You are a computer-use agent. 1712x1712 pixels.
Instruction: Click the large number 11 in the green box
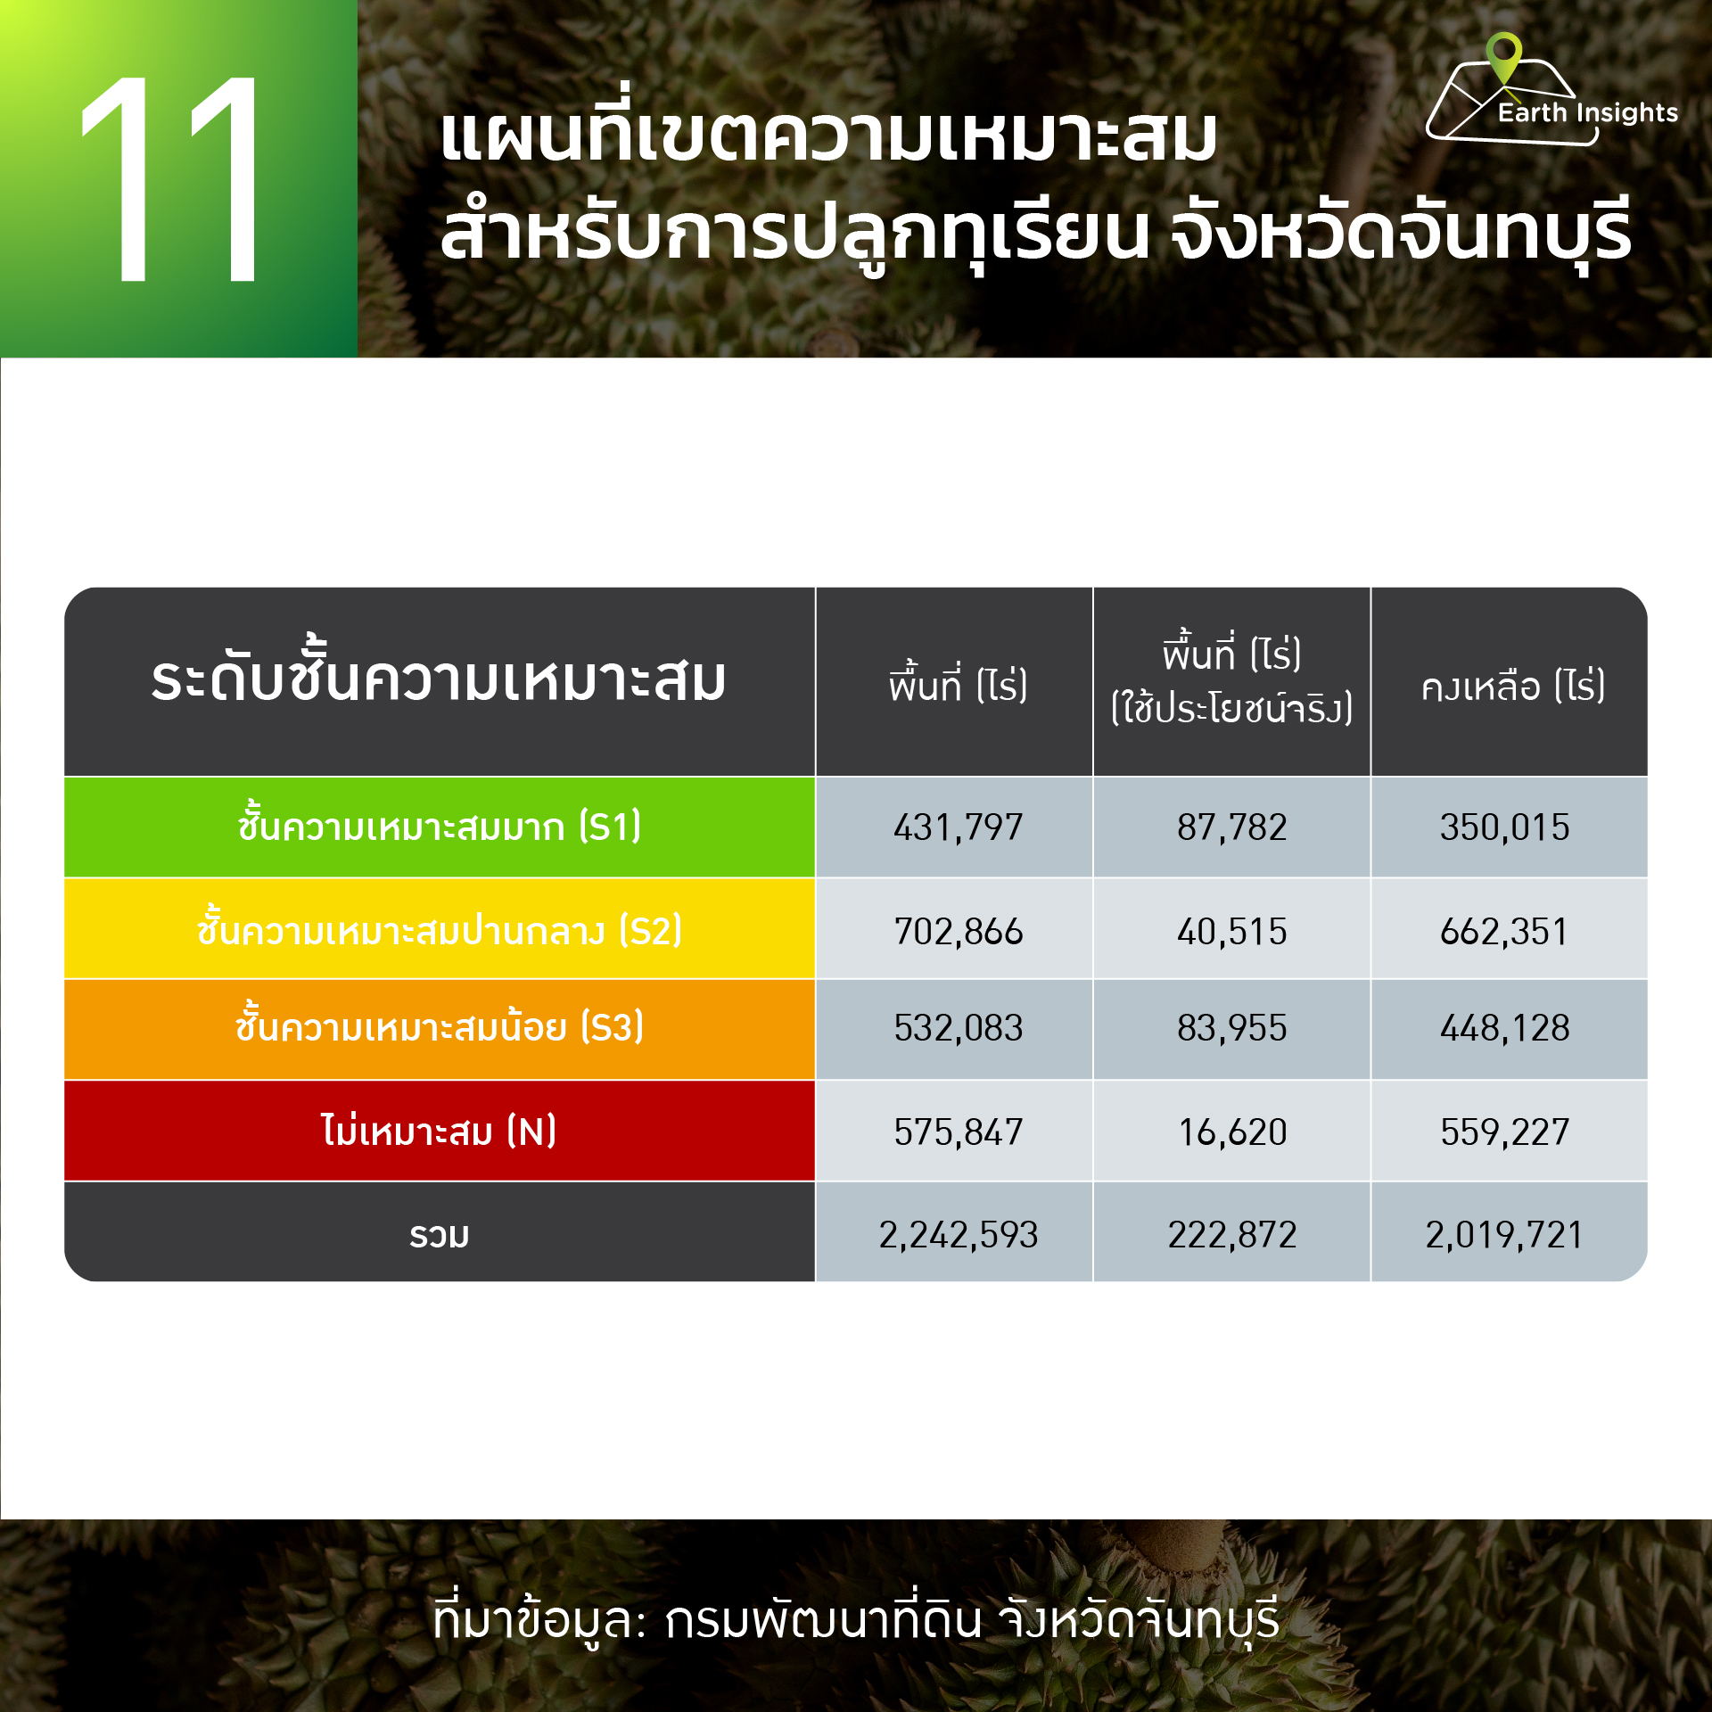169,178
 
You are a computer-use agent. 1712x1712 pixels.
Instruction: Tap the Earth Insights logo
1551,90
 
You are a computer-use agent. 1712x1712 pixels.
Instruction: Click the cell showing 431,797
958,827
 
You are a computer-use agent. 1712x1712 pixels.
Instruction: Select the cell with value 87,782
1231,827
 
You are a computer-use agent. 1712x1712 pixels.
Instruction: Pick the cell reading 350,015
1504,827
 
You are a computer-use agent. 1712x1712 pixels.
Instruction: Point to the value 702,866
958,932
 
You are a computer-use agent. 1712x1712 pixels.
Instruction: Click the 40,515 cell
1231,932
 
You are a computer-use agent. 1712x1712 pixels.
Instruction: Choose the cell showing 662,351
1504,932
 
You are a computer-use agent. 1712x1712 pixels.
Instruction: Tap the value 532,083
958,1028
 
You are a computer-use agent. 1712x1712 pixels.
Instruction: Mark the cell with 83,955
1231,1028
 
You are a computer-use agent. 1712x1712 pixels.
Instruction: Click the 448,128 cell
1504,1028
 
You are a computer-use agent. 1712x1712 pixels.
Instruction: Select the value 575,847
958,1132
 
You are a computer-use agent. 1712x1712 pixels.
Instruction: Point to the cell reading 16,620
1231,1132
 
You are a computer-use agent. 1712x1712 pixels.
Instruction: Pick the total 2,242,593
958,1235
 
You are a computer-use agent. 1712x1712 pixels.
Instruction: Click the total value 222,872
1231,1235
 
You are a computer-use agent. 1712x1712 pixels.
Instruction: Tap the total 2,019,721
1504,1235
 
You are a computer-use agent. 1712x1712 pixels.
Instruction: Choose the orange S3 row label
439,1025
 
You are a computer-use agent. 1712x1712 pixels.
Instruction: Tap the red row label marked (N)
439,1131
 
